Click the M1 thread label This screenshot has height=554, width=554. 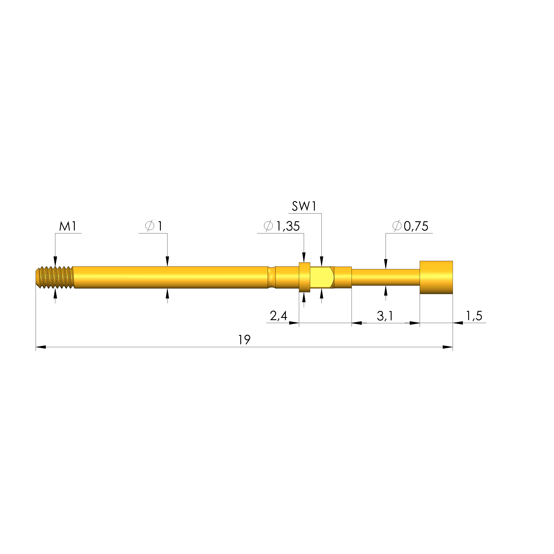coord(68,227)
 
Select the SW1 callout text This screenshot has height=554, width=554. coord(304,206)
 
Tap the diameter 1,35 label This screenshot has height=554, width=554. coord(282,226)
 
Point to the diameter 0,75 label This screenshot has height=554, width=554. coord(410,226)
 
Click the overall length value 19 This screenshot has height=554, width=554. coord(244,340)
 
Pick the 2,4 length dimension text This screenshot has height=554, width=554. coord(278,316)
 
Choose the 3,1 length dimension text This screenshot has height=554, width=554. coord(385,316)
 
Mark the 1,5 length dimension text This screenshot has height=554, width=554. coord(474,316)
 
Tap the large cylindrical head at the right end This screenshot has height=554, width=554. coord(436,277)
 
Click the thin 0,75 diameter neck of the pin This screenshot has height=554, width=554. coord(385,277)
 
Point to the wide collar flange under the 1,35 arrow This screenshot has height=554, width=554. coord(304,277)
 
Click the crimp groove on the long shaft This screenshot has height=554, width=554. coord(271,277)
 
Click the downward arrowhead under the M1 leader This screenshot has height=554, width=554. coord(55,261)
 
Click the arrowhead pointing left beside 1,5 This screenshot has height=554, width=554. coord(458,323)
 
